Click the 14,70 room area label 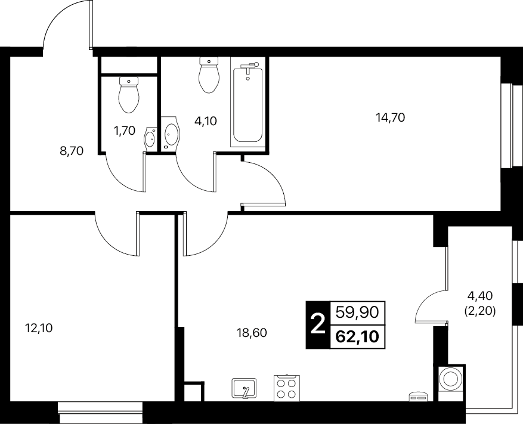point(390,117)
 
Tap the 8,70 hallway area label point(72,151)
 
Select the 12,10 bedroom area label point(39,329)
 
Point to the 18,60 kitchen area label point(252,333)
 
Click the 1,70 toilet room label point(125,131)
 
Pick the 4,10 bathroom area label point(206,121)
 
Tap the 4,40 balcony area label point(480,295)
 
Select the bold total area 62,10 point(358,337)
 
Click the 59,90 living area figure point(358,313)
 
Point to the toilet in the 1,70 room point(128,94)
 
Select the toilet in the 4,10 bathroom point(209,75)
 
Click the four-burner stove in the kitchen point(287,388)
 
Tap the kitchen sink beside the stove point(244,388)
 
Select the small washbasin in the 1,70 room point(150,140)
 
